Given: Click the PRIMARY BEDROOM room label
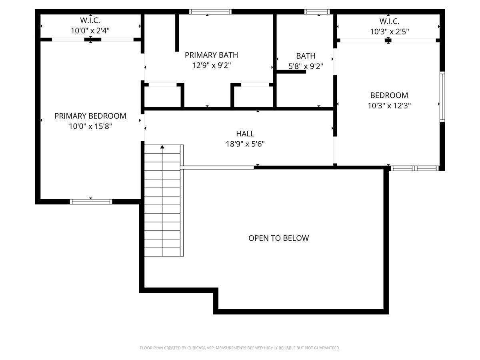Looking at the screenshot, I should [90, 116].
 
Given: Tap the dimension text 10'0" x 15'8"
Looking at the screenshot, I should [90, 126].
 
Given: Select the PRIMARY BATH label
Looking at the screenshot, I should [211, 55].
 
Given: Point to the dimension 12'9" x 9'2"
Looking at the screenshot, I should [211, 65].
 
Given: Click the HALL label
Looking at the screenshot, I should [245, 134].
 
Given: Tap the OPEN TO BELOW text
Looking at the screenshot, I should [278, 238].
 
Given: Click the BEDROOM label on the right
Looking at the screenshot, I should [389, 95].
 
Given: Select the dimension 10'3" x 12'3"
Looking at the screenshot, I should [389, 106].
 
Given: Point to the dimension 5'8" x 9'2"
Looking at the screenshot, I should [306, 66].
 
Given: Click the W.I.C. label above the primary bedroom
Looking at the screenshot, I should [90, 20].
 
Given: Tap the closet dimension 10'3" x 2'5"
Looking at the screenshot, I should [389, 31].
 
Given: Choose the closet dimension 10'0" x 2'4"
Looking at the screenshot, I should [90, 30].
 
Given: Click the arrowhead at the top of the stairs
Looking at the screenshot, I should [162, 147].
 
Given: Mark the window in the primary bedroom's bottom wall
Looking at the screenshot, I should [91, 201].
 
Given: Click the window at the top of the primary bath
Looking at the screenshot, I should [210, 12].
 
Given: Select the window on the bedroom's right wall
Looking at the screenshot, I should [442, 96].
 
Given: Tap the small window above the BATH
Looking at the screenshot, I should [317, 12].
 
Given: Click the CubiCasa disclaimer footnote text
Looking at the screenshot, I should [240, 348].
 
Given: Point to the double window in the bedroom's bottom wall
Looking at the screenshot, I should [415, 168].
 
